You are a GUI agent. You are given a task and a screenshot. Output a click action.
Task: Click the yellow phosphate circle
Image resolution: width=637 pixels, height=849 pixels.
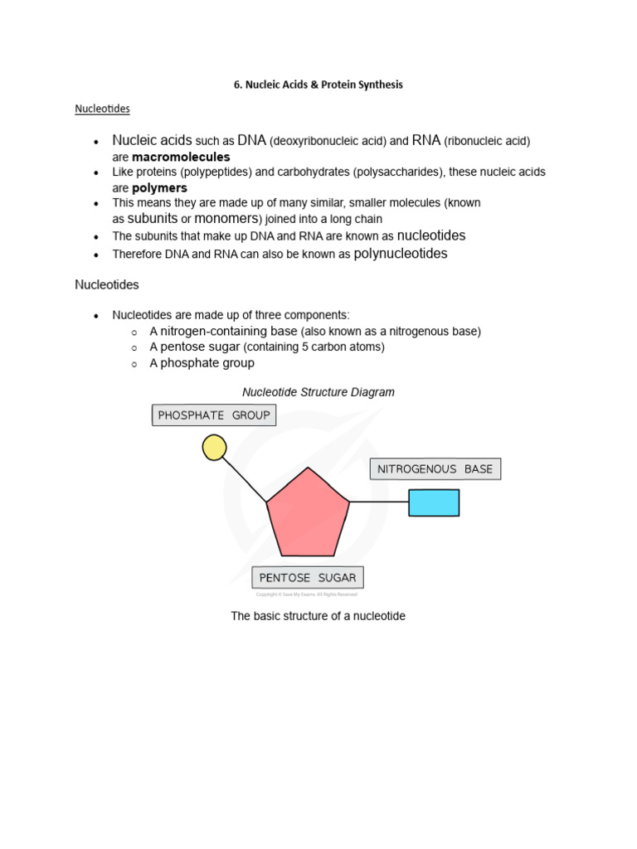click(x=214, y=448)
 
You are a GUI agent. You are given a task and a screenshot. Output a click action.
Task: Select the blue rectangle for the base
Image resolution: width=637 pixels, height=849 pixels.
click(x=434, y=502)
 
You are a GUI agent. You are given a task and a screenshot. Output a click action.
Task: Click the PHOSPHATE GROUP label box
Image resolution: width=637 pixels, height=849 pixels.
click(x=214, y=415)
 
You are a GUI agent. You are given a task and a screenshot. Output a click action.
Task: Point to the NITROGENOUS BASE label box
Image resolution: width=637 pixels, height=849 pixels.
click(x=435, y=469)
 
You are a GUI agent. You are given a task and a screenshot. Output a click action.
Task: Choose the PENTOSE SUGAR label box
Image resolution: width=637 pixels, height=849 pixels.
click(x=308, y=578)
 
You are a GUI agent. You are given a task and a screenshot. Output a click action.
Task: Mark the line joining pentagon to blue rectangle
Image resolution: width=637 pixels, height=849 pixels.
click(x=379, y=502)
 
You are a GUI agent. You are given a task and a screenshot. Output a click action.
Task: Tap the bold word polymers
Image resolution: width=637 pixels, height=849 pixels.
click(x=159, y=188)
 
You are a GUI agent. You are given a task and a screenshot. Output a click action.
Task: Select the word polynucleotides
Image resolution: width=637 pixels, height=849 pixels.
click(x=401, y=254)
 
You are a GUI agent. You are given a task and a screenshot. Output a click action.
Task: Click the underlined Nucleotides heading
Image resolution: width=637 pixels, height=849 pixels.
click(x=102, y=109)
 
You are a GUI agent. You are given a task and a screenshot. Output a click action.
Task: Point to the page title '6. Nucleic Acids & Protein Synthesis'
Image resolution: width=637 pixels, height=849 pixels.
click(x=318, y=85)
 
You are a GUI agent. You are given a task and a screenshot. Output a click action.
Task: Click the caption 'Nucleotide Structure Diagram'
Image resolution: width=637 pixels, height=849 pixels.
click(x=318, y=392)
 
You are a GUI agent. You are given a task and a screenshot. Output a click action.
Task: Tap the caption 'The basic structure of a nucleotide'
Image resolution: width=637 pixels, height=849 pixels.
click(x=318, y=617)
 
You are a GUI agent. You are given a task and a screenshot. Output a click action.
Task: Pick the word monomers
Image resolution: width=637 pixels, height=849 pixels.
click(x=227, y=219)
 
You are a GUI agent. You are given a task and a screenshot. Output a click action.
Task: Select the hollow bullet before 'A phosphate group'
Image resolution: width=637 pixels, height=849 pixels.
click(x=134, y=364)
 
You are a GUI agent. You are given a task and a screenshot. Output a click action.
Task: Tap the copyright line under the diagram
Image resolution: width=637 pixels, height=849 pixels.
click(x=306, y=594)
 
